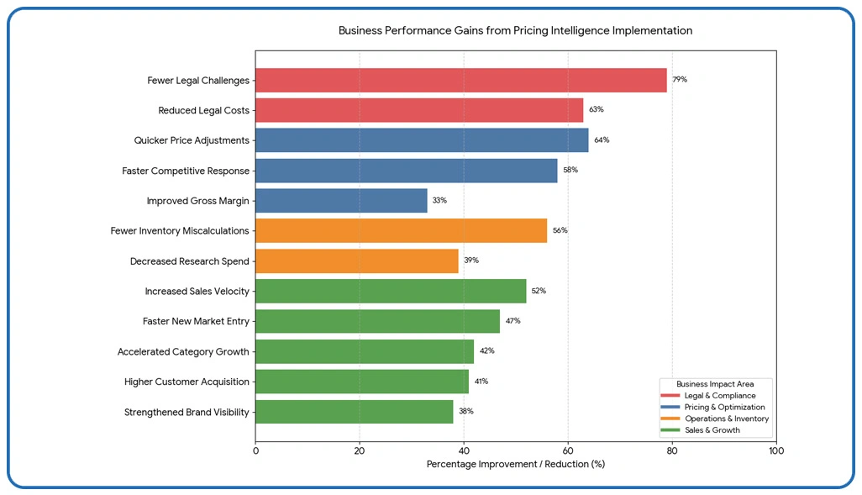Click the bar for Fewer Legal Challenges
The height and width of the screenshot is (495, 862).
click(x=460, y=81)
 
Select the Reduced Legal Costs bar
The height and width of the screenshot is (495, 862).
click(x=418, y=110)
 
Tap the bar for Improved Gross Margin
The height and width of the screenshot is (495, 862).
click(x=341, y=201)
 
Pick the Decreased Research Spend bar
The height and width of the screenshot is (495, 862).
click(x=356, y=261)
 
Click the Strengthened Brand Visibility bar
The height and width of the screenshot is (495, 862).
click(x=354, y=412)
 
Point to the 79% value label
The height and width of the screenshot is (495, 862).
click(x=680, y=80)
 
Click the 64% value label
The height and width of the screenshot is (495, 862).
click(x=602, y=140)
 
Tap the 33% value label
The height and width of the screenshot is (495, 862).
click(x=439, y=201)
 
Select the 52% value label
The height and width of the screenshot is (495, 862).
click(x=539, y=291)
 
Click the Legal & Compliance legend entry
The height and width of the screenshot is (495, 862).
click(x=719, y=396)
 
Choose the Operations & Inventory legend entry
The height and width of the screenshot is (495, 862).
click(x=726, y=419)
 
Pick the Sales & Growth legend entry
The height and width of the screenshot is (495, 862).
click(x=712, y=430)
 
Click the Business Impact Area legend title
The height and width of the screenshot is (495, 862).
click(x=715, y=384)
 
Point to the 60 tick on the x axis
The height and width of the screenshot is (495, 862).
click(x=568, y=451)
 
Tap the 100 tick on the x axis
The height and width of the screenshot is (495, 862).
click(x=775, y=451)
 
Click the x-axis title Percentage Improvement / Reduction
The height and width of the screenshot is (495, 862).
click(x=515, y=464)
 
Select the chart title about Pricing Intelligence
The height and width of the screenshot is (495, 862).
click(x=515, y=30)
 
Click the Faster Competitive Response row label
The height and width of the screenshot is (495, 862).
click(x=186, y=171)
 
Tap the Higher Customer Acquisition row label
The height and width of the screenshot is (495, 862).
click(x=187, y=382)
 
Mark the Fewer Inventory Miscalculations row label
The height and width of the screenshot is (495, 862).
click(x=180, y=231)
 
